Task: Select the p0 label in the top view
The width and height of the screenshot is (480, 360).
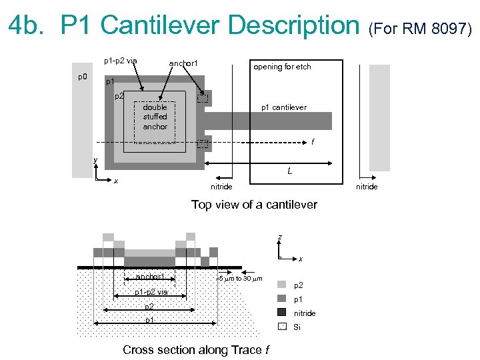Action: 82,77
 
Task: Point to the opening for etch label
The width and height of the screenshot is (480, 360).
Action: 281,67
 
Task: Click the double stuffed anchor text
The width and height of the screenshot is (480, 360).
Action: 155,117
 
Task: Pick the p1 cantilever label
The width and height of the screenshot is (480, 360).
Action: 283,107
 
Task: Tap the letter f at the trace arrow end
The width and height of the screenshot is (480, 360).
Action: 313,142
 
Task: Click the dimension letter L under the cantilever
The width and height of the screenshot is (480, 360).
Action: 289,171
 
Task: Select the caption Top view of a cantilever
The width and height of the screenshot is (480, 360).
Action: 254,205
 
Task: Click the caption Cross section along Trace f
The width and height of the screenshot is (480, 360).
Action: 197,350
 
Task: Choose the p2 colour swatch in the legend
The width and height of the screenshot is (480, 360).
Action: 281,284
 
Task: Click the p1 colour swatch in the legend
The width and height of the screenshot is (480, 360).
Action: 281,298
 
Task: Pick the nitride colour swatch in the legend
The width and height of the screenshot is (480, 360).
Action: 281,312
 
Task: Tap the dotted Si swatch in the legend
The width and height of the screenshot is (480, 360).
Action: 281,326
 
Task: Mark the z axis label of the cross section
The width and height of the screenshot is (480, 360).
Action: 279,237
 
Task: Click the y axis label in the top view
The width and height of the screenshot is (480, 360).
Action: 95,160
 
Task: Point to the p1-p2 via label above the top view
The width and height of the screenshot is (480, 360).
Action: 120,61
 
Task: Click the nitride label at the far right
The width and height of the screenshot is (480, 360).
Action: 367,187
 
